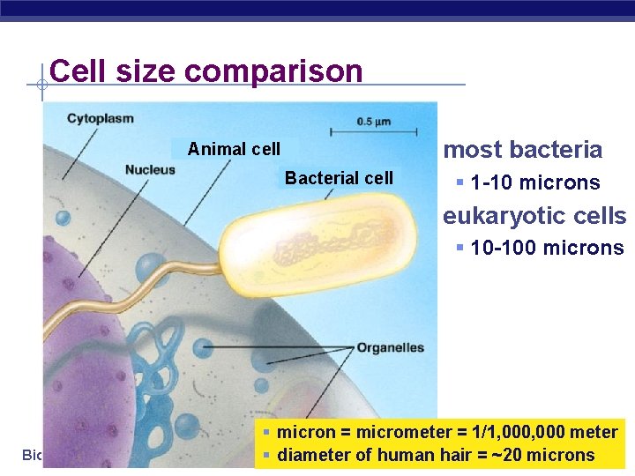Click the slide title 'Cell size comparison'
pyautogui.click(x=206, y=71)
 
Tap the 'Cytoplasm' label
pyautogui.click(x=101, y=118)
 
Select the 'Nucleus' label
pyautogui.click(x=150, y=169)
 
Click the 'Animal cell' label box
pyautogui.click(x=235, y=149)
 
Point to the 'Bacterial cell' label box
pyautogui.click(x=339, y=178)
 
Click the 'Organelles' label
pyautogui.click(x=390, y=348)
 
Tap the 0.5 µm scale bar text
pyautogui.click(x=373, y=121)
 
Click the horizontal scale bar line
pyautogui.click(x=373, y=133)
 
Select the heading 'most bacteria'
pyautogui.click(x=522, y=150)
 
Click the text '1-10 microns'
pyautogui.click(x=534, y=183)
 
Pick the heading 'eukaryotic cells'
pyautogui.click(x=534, y=216)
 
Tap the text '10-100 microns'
pyautogui.click(x=547, y=249)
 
